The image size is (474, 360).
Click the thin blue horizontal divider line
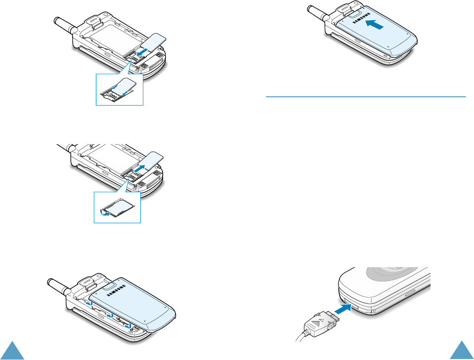(x=366, y=97)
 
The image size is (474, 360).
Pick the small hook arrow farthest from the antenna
(x=128, y=326)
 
